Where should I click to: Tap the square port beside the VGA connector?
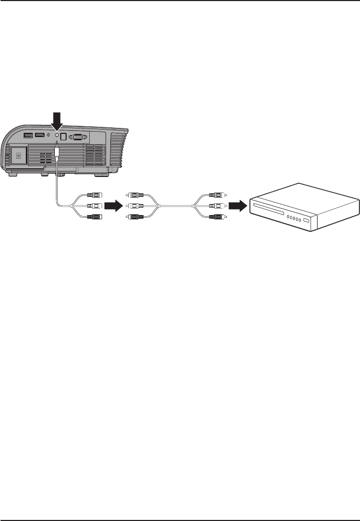click(63, 137)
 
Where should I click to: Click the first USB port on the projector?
click(28, 135)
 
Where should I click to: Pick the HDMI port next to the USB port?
click(40, 135)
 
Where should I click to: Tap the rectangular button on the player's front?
click(307, 221)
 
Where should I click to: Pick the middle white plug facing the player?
click(218, 205)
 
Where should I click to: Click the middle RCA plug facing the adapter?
click(131, 205)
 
